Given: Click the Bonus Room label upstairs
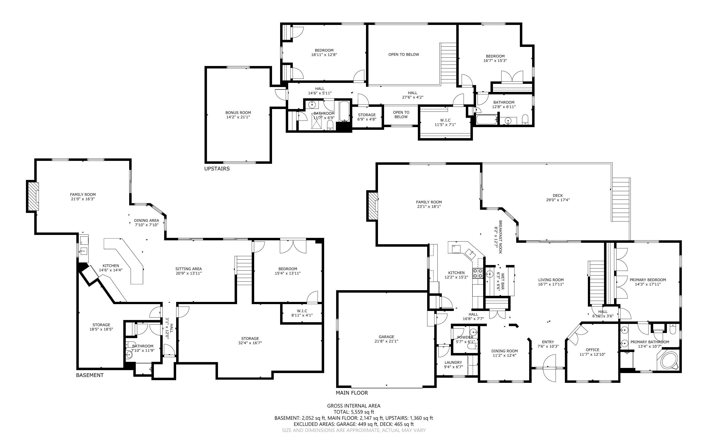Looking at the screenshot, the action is tap(238, 112).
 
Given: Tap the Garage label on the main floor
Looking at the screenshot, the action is tap(386, 337).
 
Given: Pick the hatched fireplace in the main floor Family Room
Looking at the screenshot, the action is tap(373, 206).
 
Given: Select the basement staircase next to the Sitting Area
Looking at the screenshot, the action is tap(244, 270).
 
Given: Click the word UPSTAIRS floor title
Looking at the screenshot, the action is tap(217, 169).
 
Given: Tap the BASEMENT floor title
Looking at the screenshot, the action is tap(90, 375).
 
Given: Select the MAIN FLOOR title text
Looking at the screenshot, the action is tap(352, 393).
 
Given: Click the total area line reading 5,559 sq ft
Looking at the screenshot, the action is tap(354, 412).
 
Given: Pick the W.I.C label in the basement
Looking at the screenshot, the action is tap(302, 311).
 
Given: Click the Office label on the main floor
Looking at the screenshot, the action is tap(593, 350).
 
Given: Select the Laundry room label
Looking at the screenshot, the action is tap(453, 363).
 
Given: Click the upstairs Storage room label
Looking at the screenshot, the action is tap(367, 115).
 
